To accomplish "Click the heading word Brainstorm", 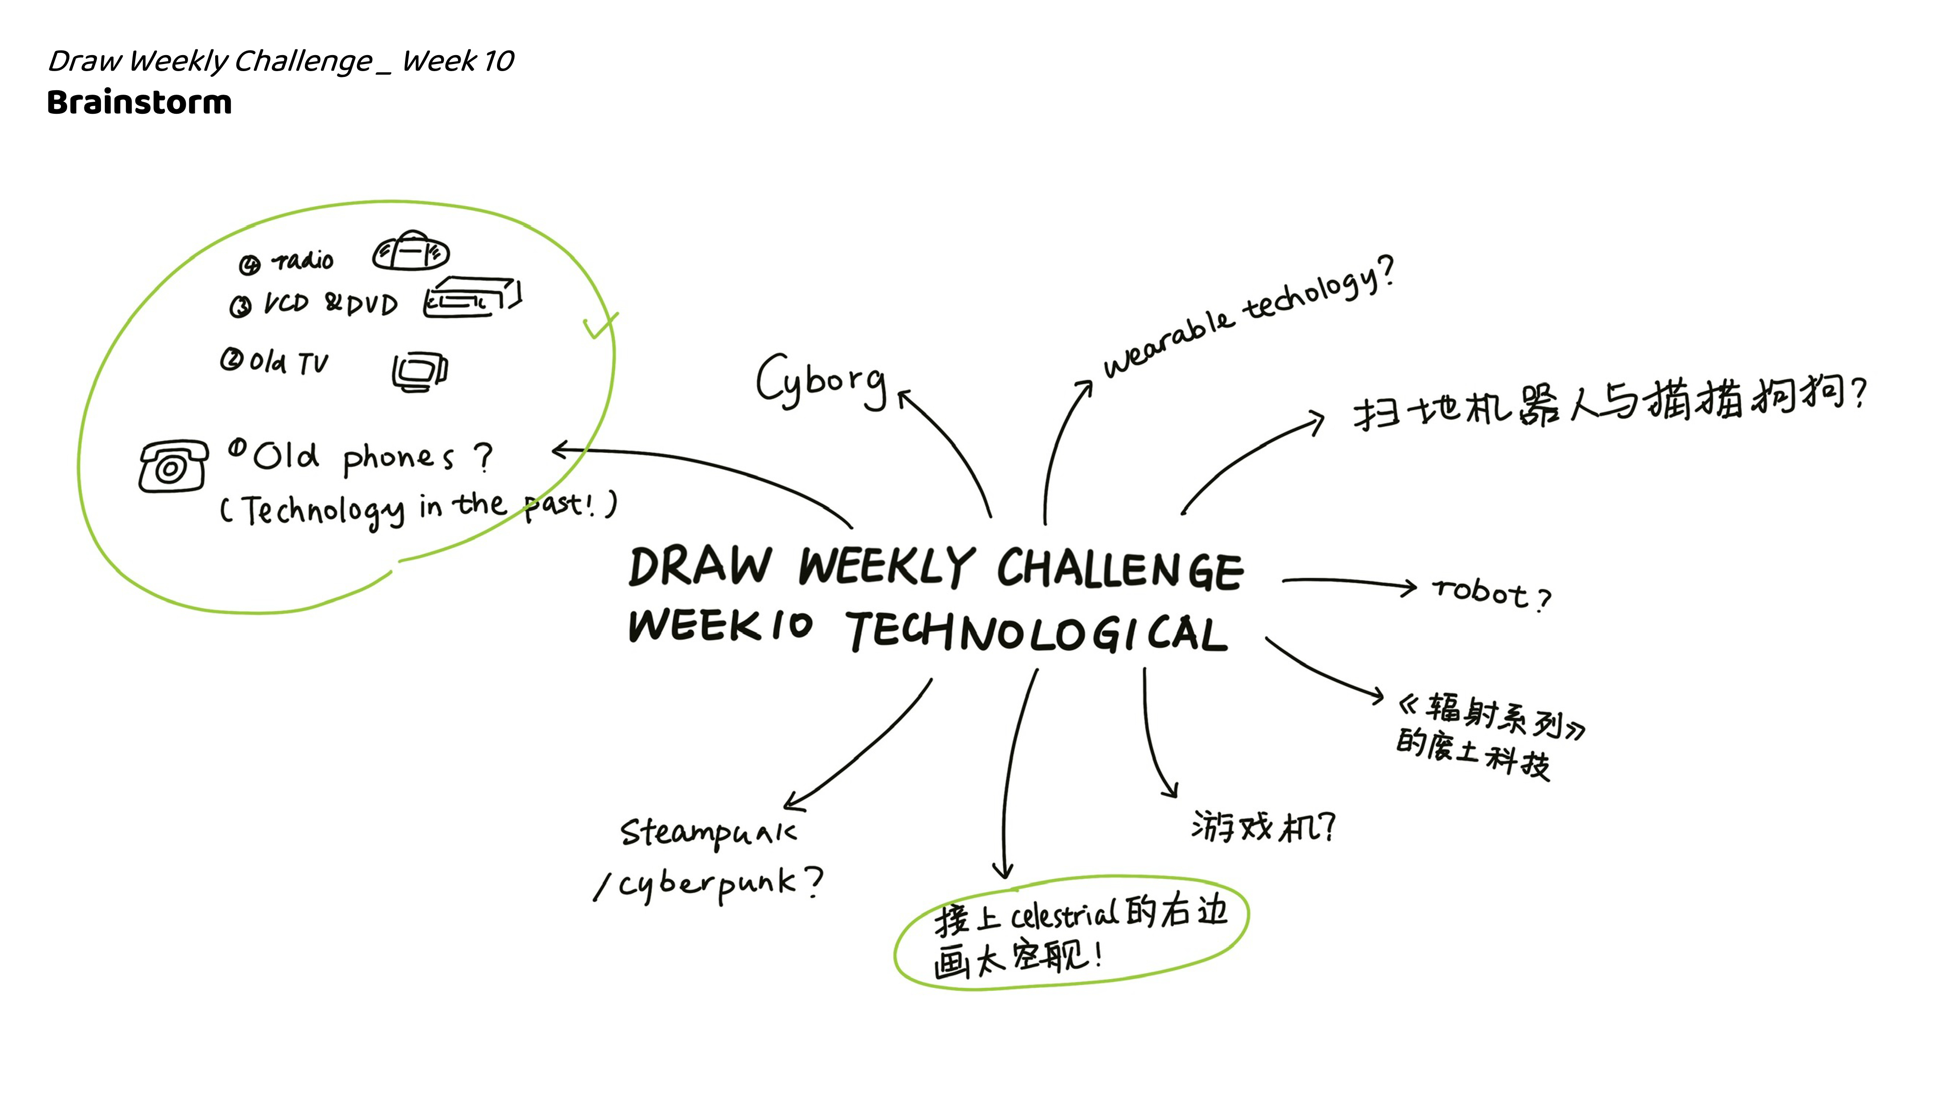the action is tap(139, 103).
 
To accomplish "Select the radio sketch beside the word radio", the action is tap(411, 251).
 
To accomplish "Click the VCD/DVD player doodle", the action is tap(472, 298).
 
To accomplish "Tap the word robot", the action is tap(1481, 592).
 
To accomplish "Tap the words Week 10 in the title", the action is tap(458, 61).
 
